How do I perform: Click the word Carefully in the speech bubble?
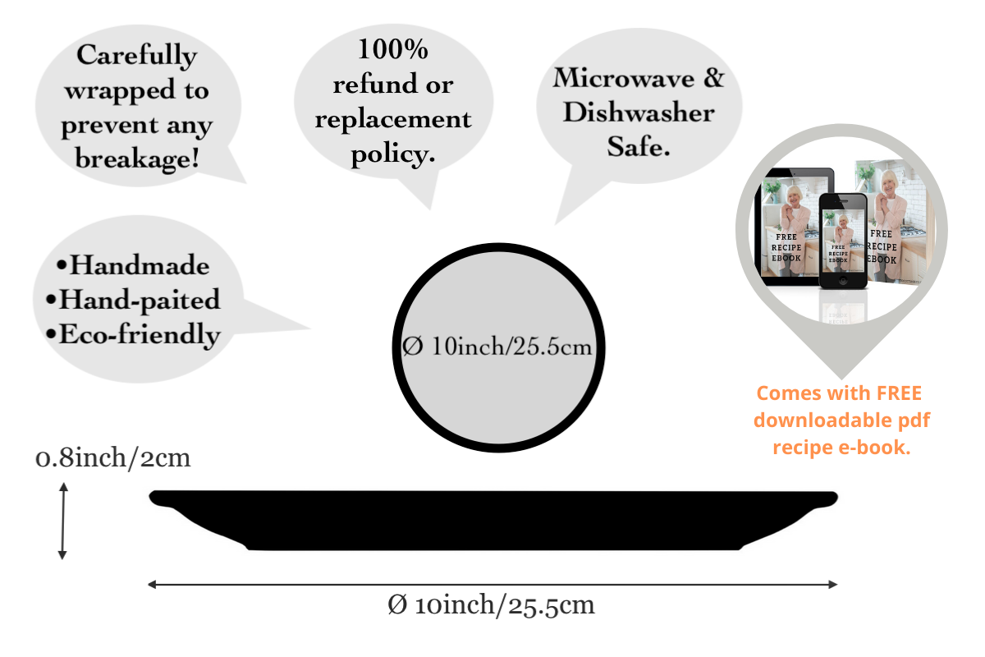coord(137,56)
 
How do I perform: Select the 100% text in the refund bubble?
coord(392,49)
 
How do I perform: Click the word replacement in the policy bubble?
coord(393,119)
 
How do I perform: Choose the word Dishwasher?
coord(639,113)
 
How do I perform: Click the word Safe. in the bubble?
coord(639,147)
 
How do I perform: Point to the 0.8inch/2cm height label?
coord(113,457)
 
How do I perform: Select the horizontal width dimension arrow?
coord(492,584)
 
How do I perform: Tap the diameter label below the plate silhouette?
coord(491,606)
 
